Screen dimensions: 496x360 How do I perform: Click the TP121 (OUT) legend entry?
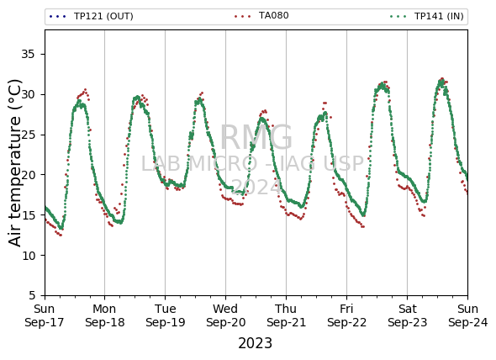[91, 16]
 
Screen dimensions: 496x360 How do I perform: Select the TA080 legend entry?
[261, 15]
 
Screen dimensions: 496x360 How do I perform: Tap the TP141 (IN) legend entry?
[427, 16]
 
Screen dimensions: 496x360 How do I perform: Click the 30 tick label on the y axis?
[28, 94]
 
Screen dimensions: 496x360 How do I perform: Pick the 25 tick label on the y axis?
[28, 135]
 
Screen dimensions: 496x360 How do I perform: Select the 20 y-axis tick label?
[28, 175]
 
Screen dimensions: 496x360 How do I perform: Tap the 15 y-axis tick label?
[28, 215]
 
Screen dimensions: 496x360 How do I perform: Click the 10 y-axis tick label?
[28, 255]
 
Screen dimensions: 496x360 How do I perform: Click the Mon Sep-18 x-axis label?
[105, 315]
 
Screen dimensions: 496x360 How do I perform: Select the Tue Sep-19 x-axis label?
[165, 315]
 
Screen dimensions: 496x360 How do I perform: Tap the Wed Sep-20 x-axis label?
[225, 315]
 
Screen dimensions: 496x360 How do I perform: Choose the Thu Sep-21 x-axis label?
[287, 315]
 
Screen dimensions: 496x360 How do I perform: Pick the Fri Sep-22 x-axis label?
[346, 315]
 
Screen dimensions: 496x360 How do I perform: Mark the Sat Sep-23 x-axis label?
[407, 315]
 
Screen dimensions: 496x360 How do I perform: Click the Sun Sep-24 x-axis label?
[468, 315]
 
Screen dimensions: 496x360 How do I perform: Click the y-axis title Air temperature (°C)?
[15, 162]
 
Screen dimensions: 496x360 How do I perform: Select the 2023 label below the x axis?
[255, 343]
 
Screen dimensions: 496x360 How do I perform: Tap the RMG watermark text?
[256, 137]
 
